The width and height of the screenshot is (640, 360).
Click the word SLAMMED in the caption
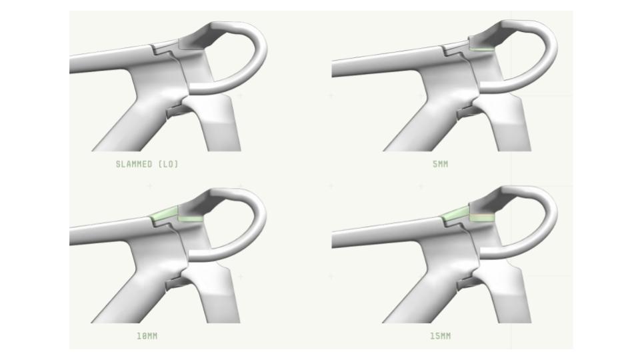tap(134, 164)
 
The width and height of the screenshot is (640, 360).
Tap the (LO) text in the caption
tap(168, 164)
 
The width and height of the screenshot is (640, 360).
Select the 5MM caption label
tap(441, 164)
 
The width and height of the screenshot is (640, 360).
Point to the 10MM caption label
tap(147, 336)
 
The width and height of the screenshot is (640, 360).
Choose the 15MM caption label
tap(441, 336)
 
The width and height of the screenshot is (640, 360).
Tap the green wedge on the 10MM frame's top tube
tap(164, 214)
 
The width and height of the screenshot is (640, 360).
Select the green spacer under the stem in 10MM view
tap(191, 219)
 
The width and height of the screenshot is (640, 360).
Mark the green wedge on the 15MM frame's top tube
tap(455, 213)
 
